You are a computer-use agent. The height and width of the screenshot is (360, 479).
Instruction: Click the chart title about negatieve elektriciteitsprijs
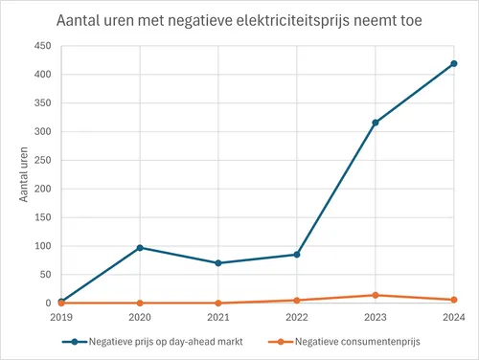(x=239, y=20)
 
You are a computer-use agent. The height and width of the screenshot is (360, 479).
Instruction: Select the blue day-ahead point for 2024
(x=454, y=64)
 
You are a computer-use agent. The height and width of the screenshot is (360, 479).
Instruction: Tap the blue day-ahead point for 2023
(x=376, y=123)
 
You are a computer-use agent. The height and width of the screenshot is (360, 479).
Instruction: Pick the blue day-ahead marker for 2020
(x=141, y=248)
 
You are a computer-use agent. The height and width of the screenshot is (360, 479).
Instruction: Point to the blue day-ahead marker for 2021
(x=218, y=263)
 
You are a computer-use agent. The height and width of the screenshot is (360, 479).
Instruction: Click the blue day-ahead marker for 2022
(x=297, y=255)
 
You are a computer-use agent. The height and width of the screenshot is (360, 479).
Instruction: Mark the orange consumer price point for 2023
(x=376, y=295)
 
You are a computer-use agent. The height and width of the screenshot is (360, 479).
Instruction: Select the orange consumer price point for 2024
(x=454, y=300)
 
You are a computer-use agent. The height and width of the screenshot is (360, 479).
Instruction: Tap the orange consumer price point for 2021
(x=218, y=303)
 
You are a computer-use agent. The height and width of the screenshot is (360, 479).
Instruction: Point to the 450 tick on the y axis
(x=43, y=46)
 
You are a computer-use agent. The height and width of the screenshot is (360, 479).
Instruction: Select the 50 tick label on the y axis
(x=46, y=275)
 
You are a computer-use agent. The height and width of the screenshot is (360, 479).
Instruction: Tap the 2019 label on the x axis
(x=62, y=317)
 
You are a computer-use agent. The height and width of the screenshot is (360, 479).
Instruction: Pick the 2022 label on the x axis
(x=297, y=317)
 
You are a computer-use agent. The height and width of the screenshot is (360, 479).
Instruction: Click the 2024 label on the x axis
(x=454, y=317)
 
